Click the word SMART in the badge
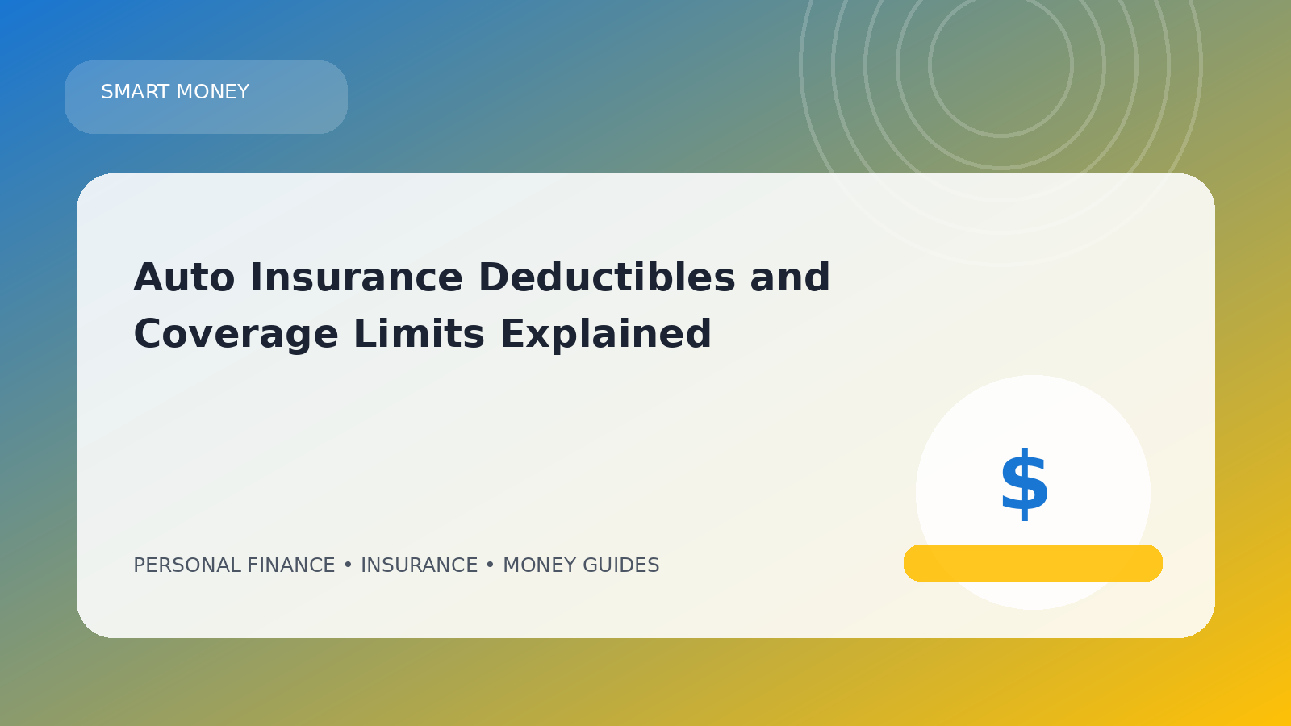tap(136, 92)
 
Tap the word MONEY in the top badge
tap(213, 92)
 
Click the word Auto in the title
tap(184, 277)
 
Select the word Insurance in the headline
tap(356, 277)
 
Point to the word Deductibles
tap(607, 277)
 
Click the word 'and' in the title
tap(790, 277)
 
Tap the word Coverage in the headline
tap(236, 335)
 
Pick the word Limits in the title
tap(419, 334)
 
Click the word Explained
tap(606, 335)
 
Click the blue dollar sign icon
tap(1024, 484)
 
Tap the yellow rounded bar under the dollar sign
tap(1033, 563)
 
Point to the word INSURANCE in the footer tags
tap(419, 565)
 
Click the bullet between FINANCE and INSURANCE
tap(348, 565)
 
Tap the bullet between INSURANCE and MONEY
tap(490, 565)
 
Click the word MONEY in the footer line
tap(540, 565)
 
